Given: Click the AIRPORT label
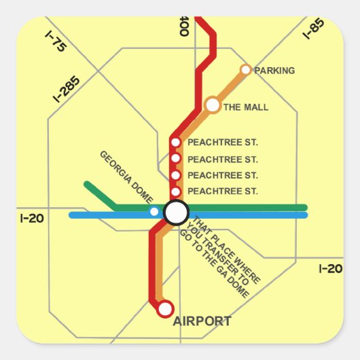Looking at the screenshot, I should point(202,321).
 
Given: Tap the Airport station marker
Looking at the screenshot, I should point(165,309).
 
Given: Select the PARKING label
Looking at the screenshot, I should point(274,71).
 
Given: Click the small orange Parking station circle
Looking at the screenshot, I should point(246,69).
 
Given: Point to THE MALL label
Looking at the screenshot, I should point(246,107).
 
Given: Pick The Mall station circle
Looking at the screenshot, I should point(213,105).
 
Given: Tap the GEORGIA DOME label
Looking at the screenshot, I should point(127,177).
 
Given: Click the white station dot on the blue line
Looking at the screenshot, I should point(154,212).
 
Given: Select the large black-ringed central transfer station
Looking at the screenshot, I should point(176,213).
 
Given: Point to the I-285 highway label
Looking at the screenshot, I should point(67,89).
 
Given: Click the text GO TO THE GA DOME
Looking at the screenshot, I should point(215,266).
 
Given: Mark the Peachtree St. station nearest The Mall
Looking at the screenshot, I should point(175,143).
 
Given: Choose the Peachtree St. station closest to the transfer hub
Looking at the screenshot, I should point(175,192).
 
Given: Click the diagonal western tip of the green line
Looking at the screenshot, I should point(86,183).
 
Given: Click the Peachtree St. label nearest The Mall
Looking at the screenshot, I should point(222,143).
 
